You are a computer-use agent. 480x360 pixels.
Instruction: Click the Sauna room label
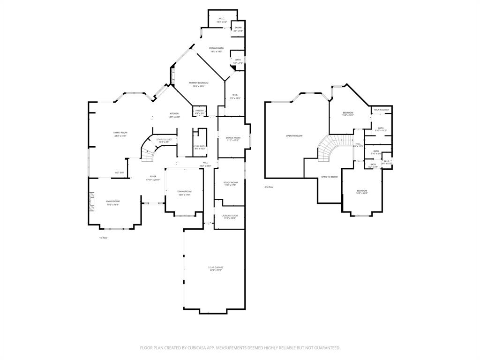[x=238, y=28]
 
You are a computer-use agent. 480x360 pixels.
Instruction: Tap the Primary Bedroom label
[x=199, y=83]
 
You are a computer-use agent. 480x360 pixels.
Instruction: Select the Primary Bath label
[x=216, y=48]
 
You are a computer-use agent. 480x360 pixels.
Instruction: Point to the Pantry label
[x=200, y=111]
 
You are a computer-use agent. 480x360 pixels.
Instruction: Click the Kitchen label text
[x=174, y=114]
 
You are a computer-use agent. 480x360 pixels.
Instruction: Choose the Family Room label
[x=120, y=133]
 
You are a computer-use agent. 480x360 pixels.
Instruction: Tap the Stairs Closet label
[x=164, y=139]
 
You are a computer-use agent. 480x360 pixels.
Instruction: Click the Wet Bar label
[x=120, y=172]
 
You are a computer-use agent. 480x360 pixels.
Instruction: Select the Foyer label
[x=153, y=177]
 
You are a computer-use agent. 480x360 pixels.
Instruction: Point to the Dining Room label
[x=184, y=191]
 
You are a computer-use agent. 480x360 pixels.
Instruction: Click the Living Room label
[x=112, y=201]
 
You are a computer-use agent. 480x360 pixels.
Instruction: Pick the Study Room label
[x=230, y=182]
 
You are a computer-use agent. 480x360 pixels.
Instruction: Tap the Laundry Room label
[x=229, y=216]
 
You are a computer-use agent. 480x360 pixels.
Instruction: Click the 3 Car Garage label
[x=215, y=267]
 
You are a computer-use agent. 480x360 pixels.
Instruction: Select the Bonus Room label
[x=233, y=137]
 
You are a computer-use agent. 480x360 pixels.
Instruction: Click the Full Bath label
[x=200, y=146]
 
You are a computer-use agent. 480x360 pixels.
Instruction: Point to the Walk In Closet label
[x=382, y=110]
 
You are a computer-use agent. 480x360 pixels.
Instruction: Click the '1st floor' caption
[x=103, y=238]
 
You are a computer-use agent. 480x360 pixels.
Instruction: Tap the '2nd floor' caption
[x=269, y=187]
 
